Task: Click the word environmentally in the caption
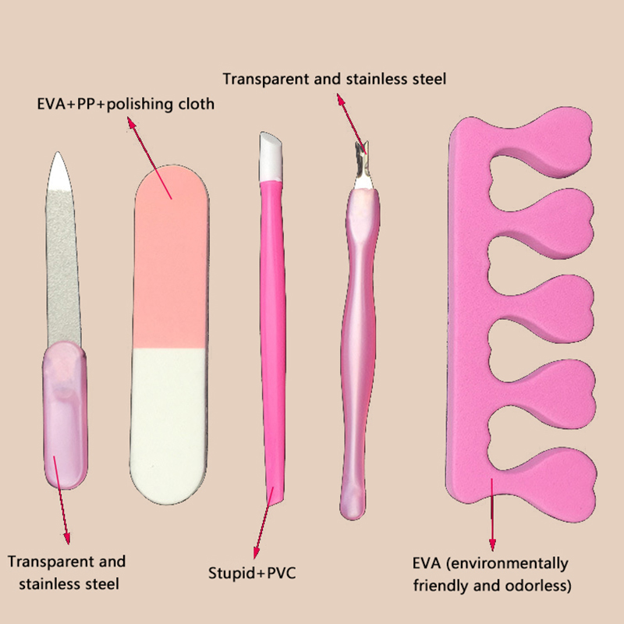pyautogui.click(x=516, y=563)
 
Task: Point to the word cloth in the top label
pyautogui.click(x=195, y=104)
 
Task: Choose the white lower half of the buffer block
pyautogui.click(x=171, y=421)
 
